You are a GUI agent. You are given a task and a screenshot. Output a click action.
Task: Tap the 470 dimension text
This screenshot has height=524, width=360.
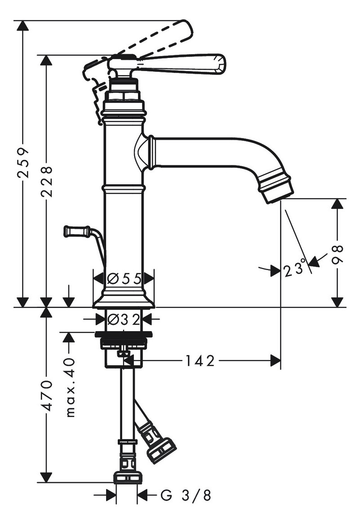tap(46, 395)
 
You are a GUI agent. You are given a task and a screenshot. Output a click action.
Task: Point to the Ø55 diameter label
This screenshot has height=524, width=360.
tap(124, 278)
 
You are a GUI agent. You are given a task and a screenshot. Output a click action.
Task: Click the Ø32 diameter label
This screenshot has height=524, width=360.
tap(124, 320)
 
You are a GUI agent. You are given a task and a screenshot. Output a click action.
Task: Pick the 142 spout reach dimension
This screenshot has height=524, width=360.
tap(200, 360)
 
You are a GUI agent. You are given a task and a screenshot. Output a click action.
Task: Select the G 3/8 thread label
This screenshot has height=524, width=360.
tap(186, 495)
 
